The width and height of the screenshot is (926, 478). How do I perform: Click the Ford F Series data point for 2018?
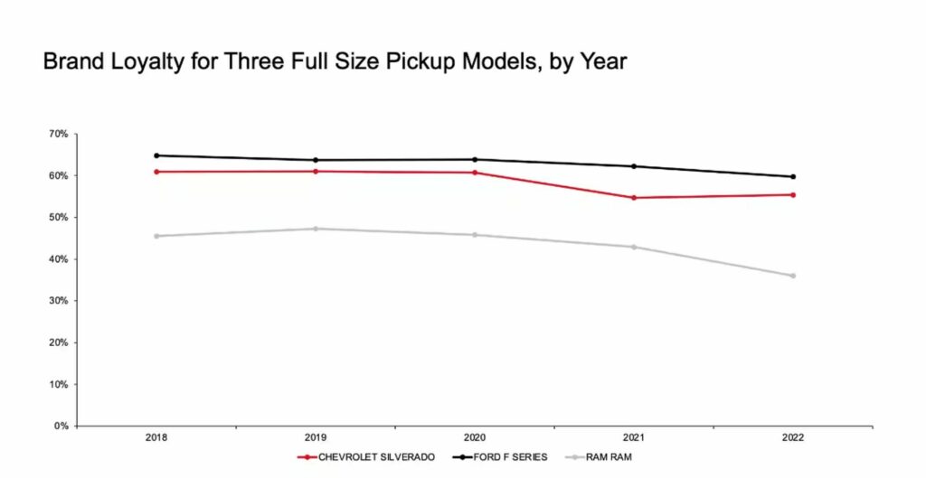coord(156,155)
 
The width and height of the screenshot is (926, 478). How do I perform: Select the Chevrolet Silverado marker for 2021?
coord(634,197)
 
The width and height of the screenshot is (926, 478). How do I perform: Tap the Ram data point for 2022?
coord(793,276)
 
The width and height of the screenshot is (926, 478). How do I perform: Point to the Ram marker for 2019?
coord(316,229)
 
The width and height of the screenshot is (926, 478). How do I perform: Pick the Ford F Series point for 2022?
coord(793,177)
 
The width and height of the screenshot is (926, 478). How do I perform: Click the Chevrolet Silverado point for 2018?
coord(156,172)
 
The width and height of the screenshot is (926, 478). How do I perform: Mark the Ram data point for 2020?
coord(475,235)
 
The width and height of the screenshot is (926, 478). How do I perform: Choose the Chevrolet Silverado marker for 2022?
coord(793,194)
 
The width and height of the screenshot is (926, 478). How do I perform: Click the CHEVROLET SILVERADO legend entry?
coord(367,457)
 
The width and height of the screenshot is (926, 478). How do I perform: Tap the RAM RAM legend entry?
coord(601,457)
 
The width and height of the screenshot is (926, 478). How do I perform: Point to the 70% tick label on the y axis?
coord(58,134)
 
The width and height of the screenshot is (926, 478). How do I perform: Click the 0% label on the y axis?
coord(61,426)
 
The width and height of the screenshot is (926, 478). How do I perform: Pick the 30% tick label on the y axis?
coord(58,301)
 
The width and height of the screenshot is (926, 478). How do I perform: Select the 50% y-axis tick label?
coord(58,218)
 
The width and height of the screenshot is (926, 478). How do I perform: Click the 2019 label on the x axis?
coord(316,437)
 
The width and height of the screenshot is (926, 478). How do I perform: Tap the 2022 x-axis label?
coord(793,437)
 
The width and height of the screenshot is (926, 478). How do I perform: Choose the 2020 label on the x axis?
coord(475,437)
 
